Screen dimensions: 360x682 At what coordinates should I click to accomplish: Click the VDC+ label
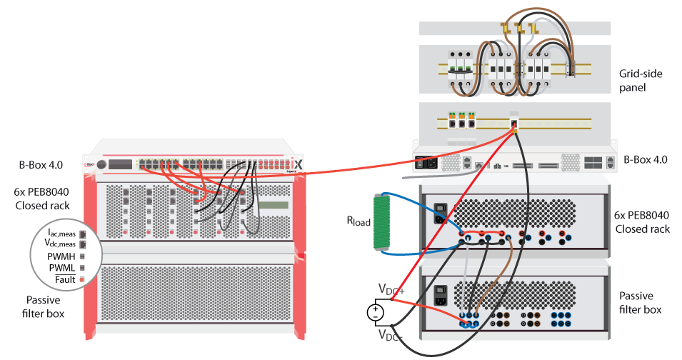click(x=392, y=289)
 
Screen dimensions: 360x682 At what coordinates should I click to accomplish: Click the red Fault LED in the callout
click(x=83, y=278)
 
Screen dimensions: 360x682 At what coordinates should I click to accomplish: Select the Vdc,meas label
click(x=60, y=244)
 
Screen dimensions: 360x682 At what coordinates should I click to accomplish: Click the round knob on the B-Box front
click(x=101, y=165)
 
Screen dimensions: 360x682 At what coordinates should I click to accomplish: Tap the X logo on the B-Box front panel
click(x=299, y=164)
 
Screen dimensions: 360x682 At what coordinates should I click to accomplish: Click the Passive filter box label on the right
click(x=640, y=302)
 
